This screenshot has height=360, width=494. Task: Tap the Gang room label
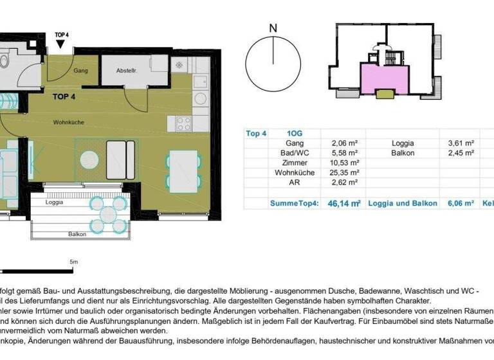click(x=80, y=70)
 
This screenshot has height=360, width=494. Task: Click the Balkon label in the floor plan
click(x=77, y=234)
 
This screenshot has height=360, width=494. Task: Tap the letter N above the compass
click(x=273, y=28)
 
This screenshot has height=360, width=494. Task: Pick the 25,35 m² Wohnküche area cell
click(x=344, y=173)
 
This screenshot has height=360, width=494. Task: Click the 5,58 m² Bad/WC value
click(x=344, y=154)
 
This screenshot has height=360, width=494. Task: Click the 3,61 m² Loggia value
click(x=461, y=143)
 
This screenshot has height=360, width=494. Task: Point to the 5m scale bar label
click(x=73, y=262)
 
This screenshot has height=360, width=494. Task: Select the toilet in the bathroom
click(x=3, y=61)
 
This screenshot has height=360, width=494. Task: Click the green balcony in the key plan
click(x=385, y=94)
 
